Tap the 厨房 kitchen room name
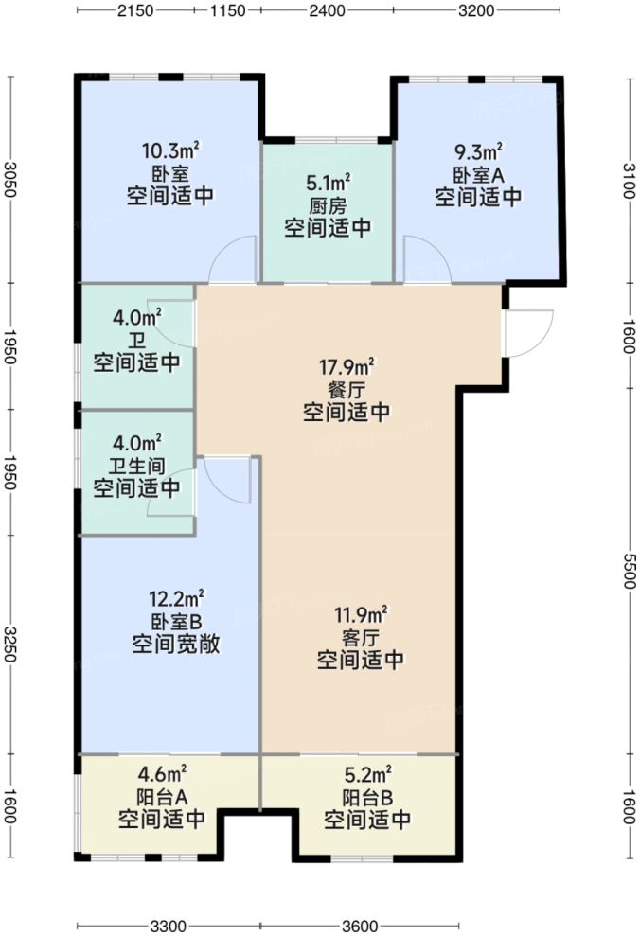click(x=328, y=204)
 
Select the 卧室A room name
click(x=478, y=174)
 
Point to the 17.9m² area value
click(x=347, y=365)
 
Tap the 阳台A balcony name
click(x=161, y=796)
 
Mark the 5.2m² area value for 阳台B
click(x=367, y=772)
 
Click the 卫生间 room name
click(x=137, y=465)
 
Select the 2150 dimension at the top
click(x=136, y=12)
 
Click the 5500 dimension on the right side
click(x=630, y=572)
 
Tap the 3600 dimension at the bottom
click(x=360, y=925)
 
